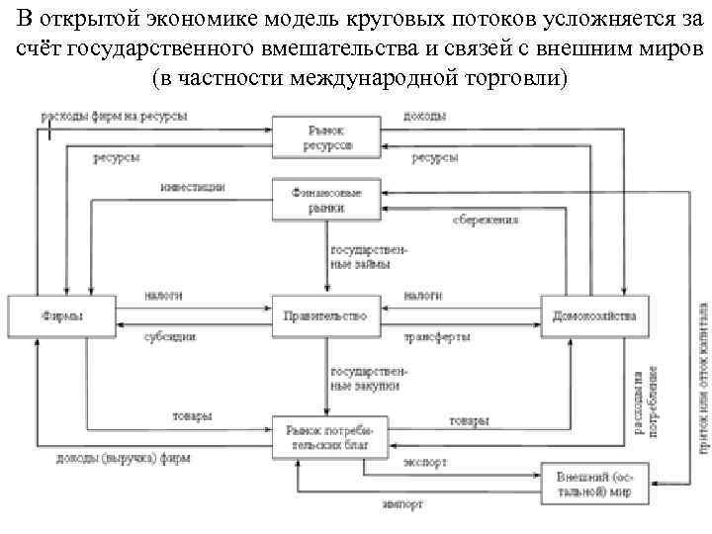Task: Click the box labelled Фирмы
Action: tap(61, 316)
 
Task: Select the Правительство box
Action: tap(325, 316)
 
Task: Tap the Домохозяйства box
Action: tap(593, 316)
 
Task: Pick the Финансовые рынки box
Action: tap(325, 200)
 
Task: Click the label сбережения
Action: tap(486, 220)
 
